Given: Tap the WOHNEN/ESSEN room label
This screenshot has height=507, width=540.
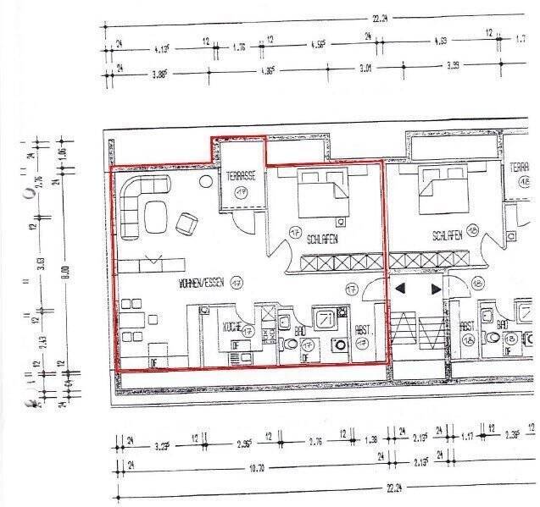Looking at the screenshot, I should tap(200, 284).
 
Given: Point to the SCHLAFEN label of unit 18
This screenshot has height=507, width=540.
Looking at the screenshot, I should tap(447, 237).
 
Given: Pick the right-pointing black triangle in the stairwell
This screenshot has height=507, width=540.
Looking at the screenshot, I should tap(437, 289).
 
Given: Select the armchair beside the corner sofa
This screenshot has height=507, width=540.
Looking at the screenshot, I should tap(186, 224).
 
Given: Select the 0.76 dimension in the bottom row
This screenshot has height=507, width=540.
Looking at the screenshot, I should tap(315, 440).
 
